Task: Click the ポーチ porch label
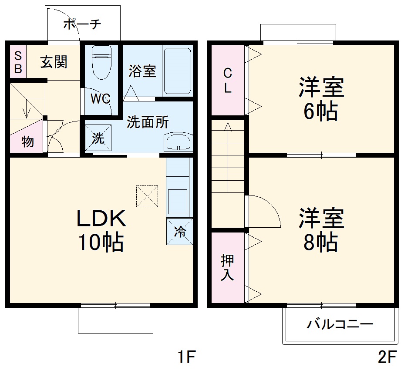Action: [82, 24]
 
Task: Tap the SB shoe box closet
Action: [18, 62]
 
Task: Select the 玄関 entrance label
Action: [54, 62]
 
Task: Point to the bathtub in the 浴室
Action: [177, 71]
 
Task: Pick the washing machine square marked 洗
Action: [98, 138]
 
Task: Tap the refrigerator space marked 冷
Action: [179, 232]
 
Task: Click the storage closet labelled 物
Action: [27, 141]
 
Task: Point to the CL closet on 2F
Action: [228, 81]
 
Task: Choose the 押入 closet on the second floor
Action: [228, 267]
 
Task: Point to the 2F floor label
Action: [387, 358]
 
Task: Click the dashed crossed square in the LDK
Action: [147, 196]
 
